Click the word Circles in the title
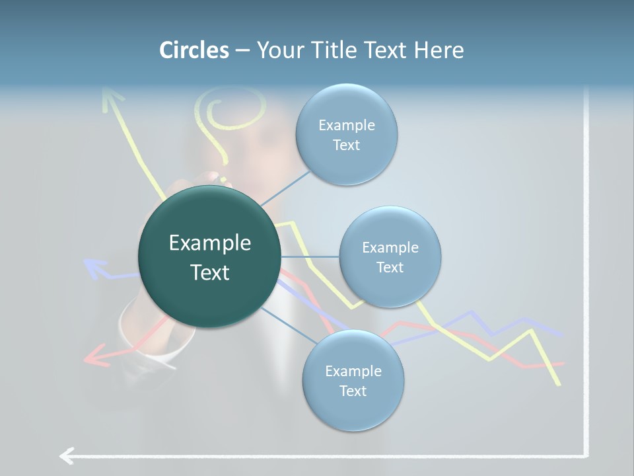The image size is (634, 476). pos(194,50)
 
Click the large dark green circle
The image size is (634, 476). pos(209,257)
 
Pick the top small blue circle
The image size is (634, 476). pos(346,134)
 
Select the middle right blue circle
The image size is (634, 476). pos(390,257)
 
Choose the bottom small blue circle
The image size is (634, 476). pos(353,380)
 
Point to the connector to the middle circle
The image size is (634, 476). pos(310,257)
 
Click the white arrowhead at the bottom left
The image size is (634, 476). pos(66,456)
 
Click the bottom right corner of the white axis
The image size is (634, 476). pos(586,455)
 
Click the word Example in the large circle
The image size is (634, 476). pos(209,243)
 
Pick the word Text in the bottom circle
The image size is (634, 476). pos(353,391)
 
